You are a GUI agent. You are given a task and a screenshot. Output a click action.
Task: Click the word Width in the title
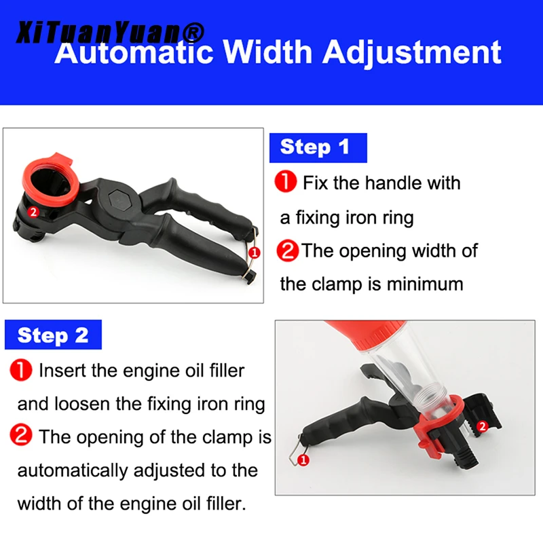click(x=267, y=52)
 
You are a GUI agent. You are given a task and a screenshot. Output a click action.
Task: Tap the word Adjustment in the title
click(x=412, y=54)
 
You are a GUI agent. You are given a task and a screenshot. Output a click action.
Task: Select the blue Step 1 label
click(x=318, y=148)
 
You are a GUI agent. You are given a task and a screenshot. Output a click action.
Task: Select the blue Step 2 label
click(x=53, y=335)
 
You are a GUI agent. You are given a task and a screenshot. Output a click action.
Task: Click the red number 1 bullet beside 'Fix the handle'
click(x=286, y=181)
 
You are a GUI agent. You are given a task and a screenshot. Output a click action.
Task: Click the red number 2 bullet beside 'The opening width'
click(x=287, y=250)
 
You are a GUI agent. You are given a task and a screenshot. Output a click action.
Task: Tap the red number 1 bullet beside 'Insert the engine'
click(x=21, y=370)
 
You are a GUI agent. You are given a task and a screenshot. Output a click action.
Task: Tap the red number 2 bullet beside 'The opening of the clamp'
click(x=21, y=435)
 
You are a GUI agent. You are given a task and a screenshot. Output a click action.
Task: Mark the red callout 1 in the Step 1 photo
click(x=255, y=252)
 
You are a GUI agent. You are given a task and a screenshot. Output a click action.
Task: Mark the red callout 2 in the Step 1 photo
click(x=33, y=212)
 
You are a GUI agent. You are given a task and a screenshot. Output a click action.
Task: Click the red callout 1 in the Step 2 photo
click(x=303, y=460)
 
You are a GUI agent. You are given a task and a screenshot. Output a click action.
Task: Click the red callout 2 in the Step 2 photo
click(x=483, y=426)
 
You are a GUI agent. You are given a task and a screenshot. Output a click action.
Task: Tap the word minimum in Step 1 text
click(x=425, y=284)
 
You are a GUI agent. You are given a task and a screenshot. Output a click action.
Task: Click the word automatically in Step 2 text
click(x=73, y=471)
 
